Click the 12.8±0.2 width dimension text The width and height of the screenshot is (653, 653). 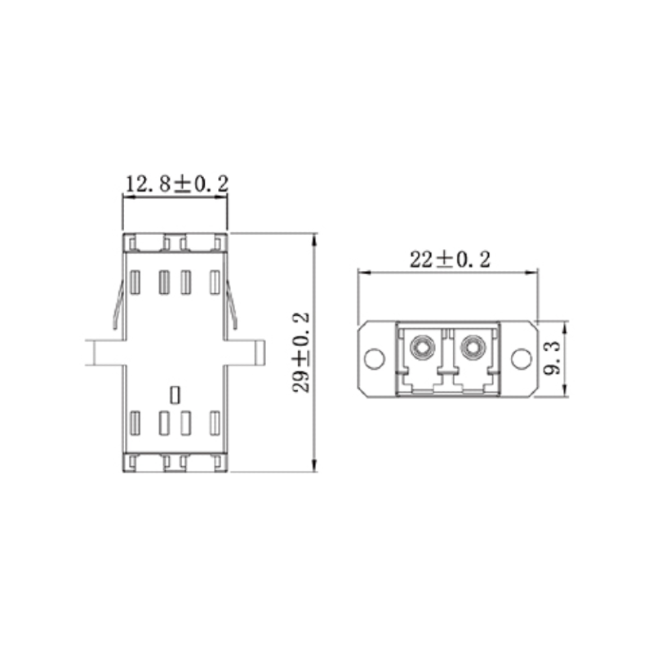tap(175, 184)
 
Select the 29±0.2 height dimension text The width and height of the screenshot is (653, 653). tap(301, 352)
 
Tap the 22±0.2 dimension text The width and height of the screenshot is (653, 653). tap(449, 260)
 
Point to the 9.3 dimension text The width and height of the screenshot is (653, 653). tap(553, 358)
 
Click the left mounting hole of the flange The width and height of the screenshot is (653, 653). tap(373, 358)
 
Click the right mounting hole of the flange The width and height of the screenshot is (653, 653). tap(520, 358)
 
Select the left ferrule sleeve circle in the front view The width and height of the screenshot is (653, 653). tap(422, 349)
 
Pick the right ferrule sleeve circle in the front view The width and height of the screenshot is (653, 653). tap(471, 349)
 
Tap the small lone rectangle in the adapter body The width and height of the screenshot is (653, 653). tap(173, 394)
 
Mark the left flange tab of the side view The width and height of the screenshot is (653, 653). tap(105, 353)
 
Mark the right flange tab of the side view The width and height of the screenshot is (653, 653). tap(246, 353)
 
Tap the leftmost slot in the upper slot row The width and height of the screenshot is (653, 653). tap(135, 282)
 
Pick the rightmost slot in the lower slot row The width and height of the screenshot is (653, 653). tap(215, 423)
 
